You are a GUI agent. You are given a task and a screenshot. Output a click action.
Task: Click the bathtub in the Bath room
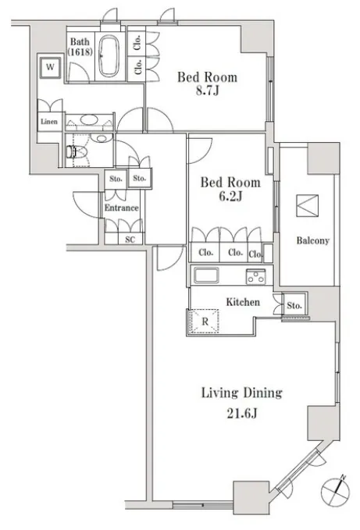point(109,56)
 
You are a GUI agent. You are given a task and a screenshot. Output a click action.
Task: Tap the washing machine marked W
point(50,66)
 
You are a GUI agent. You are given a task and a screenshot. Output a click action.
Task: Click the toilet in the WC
point(74,151)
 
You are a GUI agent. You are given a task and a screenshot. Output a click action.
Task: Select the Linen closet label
point(49,121)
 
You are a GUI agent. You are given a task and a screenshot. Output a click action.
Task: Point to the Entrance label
point(121,208)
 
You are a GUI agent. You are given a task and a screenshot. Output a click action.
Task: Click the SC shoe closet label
point(130,240)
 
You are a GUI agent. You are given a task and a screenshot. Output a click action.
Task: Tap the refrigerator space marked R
point(205,321)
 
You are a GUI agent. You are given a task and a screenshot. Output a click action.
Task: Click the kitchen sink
point(206,275)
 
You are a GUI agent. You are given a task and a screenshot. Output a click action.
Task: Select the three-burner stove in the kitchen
point(256,276)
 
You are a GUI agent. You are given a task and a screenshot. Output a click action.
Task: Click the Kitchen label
point(243,302)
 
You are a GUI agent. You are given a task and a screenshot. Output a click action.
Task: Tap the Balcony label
point(312,240)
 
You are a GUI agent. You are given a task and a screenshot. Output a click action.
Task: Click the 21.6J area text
point(241,414)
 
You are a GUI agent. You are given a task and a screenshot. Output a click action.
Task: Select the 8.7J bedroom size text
point(207,91)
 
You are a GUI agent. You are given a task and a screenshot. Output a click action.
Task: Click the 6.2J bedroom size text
point(230,196)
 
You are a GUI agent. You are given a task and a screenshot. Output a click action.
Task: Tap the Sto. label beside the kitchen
point(294,305)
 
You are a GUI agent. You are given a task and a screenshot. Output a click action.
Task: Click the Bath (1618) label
point(80,47)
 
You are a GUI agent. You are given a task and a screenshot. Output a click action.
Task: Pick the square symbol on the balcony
point(307,205)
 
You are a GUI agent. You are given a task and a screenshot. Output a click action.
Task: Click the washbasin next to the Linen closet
point(89,120)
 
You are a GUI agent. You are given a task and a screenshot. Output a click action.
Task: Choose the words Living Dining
point(241,393)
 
